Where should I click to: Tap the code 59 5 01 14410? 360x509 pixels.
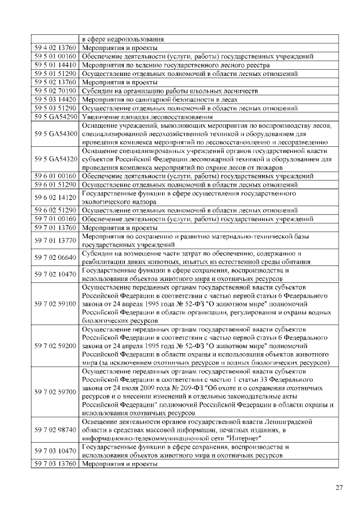pos(55,65)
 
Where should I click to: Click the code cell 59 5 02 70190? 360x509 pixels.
pos(55,91)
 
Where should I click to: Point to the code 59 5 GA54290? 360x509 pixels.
pos(55,116)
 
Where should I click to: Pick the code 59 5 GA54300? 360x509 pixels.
pos(55,133)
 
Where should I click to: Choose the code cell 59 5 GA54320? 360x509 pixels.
pos(55,159)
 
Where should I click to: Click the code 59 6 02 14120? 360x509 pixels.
pos(55,197)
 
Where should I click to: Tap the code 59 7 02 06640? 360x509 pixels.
pos(55,257)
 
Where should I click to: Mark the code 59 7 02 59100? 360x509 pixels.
pos(55,304)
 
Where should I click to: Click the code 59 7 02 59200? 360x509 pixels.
pos(55,346)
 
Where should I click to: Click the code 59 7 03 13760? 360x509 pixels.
pos(55,464)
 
